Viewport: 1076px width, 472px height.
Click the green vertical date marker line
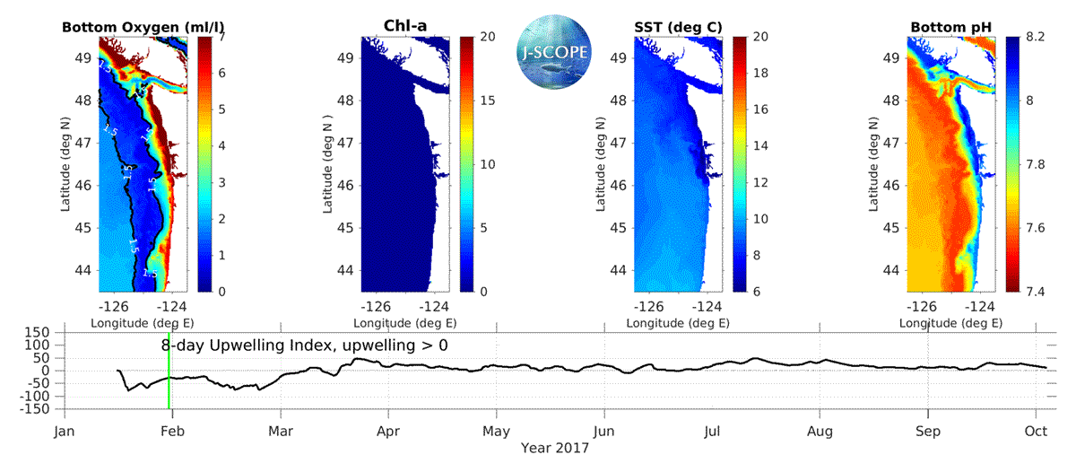(x=169, y=377)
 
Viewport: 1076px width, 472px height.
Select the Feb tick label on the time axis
(x=172, y=430)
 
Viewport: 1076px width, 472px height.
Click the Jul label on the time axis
(x=712, y=430)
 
